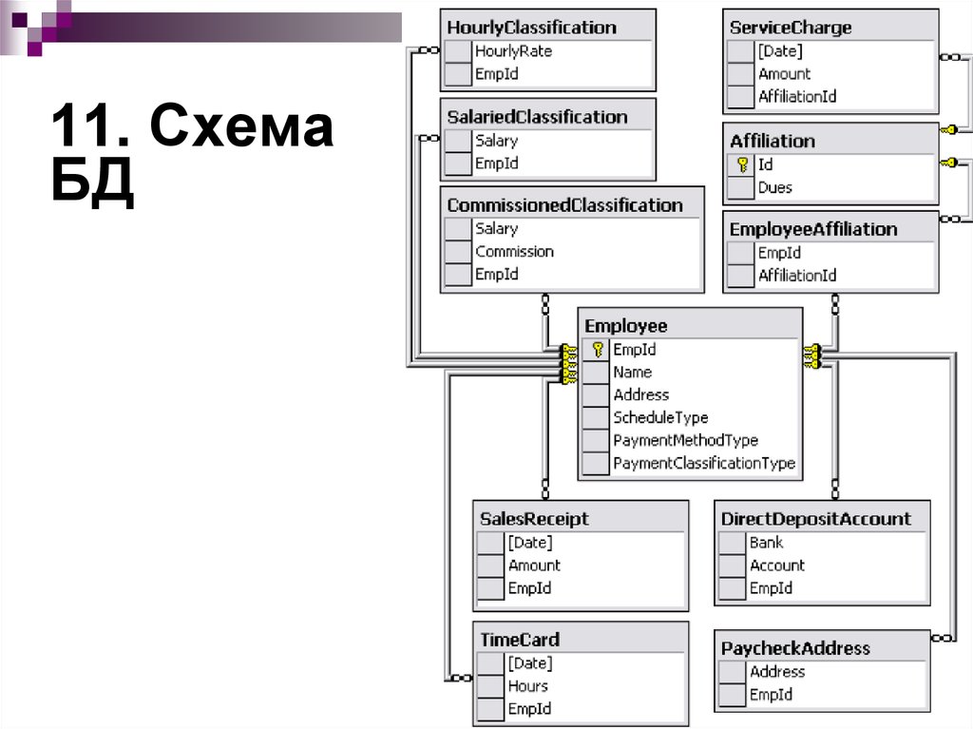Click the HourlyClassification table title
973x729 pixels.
coord(531,28)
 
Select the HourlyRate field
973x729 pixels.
coord(513,51)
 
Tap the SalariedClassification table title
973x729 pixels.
coord(537,117)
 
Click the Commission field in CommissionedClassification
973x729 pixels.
coord(514,252)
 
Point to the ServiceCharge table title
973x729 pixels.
coord(791,28)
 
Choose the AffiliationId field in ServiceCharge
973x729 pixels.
coord(797,96)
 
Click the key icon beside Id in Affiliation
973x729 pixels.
coord(742,164)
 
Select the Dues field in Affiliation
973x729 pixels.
coord(775,187)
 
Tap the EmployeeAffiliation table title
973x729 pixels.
coord(813,229)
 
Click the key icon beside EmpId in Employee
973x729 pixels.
coord(597,350)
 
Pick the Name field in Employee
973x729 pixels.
coord(632,373)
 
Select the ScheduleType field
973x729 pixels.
coord(660,418)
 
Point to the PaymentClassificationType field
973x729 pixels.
coord(704,464)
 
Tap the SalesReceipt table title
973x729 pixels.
coord(534,519)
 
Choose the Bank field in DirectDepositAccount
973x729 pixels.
coord(767,543)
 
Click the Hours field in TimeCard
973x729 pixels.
coord(527,686)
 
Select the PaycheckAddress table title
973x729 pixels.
coord(795,648)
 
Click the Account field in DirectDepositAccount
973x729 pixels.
coord(777,566)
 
